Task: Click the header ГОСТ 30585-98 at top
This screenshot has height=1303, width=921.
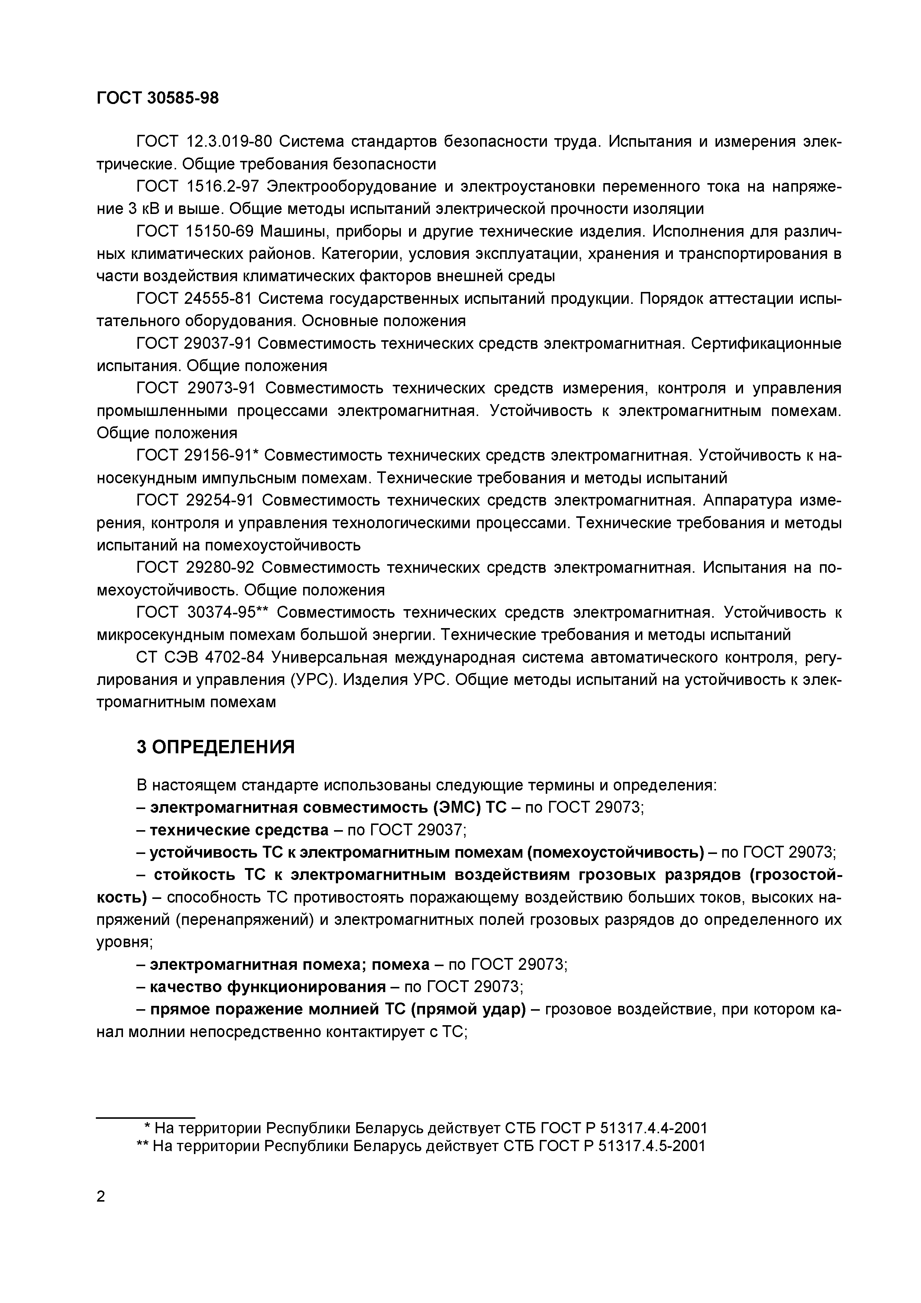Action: pyautogui.click(x=157, y=98)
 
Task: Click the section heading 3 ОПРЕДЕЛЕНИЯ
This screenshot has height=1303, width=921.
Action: pyautogui.click(x=215, y=747)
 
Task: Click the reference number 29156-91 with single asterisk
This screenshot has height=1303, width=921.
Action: pyautogui.click(x=223, y=455)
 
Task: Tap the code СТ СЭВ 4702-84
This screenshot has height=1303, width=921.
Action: pyautogui.click(x=200, y=657)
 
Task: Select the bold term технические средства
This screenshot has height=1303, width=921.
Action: pyautogui.click(x=239, y=830)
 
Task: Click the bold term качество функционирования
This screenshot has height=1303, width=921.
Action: pyautogui.click(x=268, y=987)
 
